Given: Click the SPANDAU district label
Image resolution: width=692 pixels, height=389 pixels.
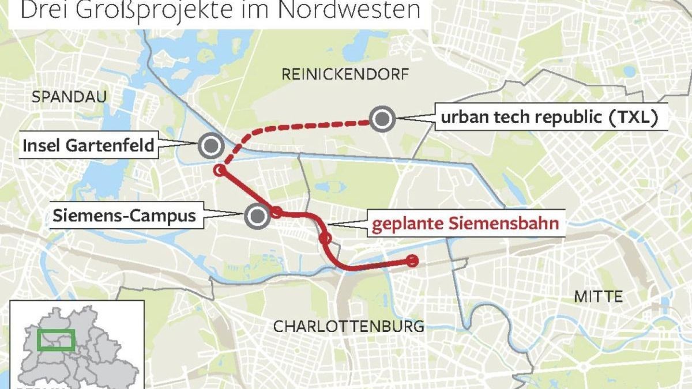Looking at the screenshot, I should (x=69, y=97).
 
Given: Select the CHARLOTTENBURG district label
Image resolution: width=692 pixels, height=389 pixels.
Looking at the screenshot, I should (x=348, y=326).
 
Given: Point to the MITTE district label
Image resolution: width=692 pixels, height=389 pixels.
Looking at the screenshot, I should (x=599, y=297).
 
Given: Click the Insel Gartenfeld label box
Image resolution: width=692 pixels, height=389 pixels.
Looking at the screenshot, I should (x=88, y=146).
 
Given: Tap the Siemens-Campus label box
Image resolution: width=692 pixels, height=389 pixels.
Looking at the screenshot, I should (x=124, y=217).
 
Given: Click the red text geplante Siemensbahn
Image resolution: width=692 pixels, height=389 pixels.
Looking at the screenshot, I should (x=466, y=224).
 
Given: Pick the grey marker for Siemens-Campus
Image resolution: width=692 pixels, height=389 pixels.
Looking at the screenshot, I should (x=256, y=217).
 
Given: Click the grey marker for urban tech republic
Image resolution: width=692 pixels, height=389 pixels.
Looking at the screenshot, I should (x=382, y=119).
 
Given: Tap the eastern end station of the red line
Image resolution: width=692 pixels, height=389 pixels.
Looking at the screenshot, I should (x=412, y=261).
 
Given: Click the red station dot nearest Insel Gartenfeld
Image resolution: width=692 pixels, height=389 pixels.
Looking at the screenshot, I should (x=219, y=170).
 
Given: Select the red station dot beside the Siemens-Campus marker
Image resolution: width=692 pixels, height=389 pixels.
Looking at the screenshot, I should (x=277, y=212).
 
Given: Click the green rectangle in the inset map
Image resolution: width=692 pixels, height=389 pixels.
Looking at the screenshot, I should (x=57, y=340).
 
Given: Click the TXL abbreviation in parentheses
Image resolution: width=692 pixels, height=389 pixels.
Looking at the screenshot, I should (x=631, y=119).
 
